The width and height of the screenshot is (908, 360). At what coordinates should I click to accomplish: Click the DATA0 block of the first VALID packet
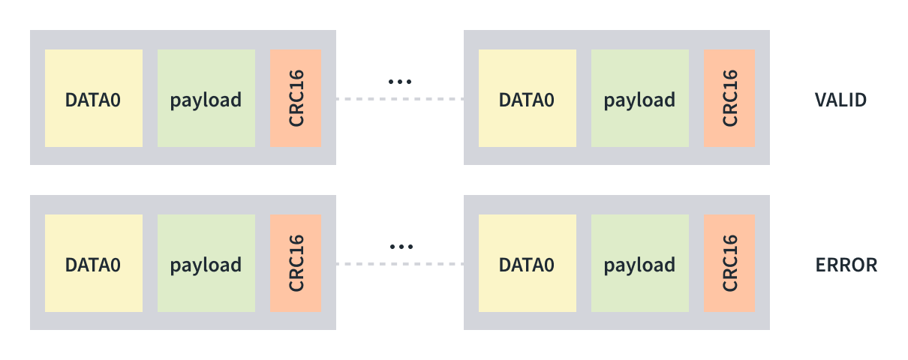(x=94, y=98)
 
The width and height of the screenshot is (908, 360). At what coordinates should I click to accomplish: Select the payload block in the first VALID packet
(x=206, y=98)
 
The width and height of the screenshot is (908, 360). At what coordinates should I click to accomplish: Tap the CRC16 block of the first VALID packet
(x=296, y=98)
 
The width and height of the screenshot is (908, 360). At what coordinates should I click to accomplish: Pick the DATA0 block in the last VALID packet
(x=528, y=98)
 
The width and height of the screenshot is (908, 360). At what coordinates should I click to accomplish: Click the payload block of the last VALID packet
(x=639, y=98)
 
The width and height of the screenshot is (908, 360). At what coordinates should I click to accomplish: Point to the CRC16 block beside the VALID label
(x=729, y=98)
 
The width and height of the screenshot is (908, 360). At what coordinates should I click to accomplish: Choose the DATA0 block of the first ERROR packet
(x=94, y=263)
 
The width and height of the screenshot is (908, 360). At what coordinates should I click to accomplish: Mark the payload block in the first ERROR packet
(x=206, y=263)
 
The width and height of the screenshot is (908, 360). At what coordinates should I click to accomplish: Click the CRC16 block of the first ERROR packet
(x=296, y=263)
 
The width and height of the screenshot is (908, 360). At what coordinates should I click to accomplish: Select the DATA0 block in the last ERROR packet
(x=528, y=263)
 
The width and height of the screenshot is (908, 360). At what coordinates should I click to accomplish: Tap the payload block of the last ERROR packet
(x=639, y=263)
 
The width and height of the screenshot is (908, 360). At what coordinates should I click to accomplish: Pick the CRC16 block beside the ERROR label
(x=729, y=263)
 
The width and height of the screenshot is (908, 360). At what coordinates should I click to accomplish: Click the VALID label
(x=840, y=99)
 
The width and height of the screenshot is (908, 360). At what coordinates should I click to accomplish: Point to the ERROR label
(x=846, y=265)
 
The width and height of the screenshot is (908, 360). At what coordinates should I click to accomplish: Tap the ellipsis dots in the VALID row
(x=400, y=81)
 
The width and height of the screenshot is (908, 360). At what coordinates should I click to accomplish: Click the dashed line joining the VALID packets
(x=399, y=99)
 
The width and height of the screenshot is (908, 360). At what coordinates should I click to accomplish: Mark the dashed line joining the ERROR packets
(x=399, y=264)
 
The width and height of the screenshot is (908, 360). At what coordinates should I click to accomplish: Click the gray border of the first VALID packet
(x=182, y=40)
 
